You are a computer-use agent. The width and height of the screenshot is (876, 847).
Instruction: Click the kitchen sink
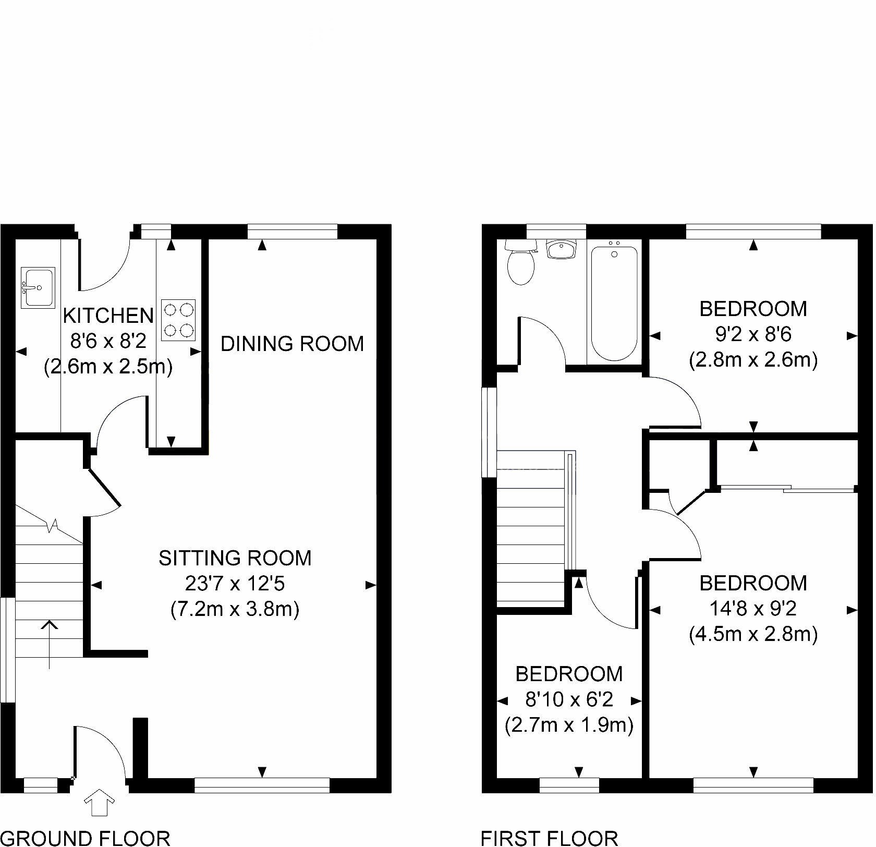(38, 287)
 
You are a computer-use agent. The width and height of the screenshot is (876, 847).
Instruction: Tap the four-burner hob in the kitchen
(178, 320)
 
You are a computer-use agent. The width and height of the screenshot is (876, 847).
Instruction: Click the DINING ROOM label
(293, 344)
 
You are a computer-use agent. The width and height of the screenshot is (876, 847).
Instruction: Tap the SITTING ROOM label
(235, 558)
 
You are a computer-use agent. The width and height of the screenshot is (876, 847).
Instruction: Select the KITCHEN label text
(108, 316)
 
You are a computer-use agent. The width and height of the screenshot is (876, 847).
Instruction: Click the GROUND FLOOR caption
(86, 838)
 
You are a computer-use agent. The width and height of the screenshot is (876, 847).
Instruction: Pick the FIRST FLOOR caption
(549, 838)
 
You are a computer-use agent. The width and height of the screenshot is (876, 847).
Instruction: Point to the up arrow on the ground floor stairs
(49, 644)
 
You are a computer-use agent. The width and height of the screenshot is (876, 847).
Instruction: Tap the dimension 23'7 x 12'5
(235, 584)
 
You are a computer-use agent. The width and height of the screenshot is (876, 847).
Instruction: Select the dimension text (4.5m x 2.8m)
(753, 634)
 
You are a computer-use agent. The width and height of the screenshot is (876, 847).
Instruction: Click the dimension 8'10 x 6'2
(569, 699)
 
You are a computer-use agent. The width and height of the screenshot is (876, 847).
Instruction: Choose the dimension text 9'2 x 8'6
(753, 334)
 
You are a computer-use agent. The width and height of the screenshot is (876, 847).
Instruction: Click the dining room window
(293, 232)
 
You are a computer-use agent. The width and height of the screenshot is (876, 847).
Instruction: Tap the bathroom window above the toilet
(556, 232)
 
